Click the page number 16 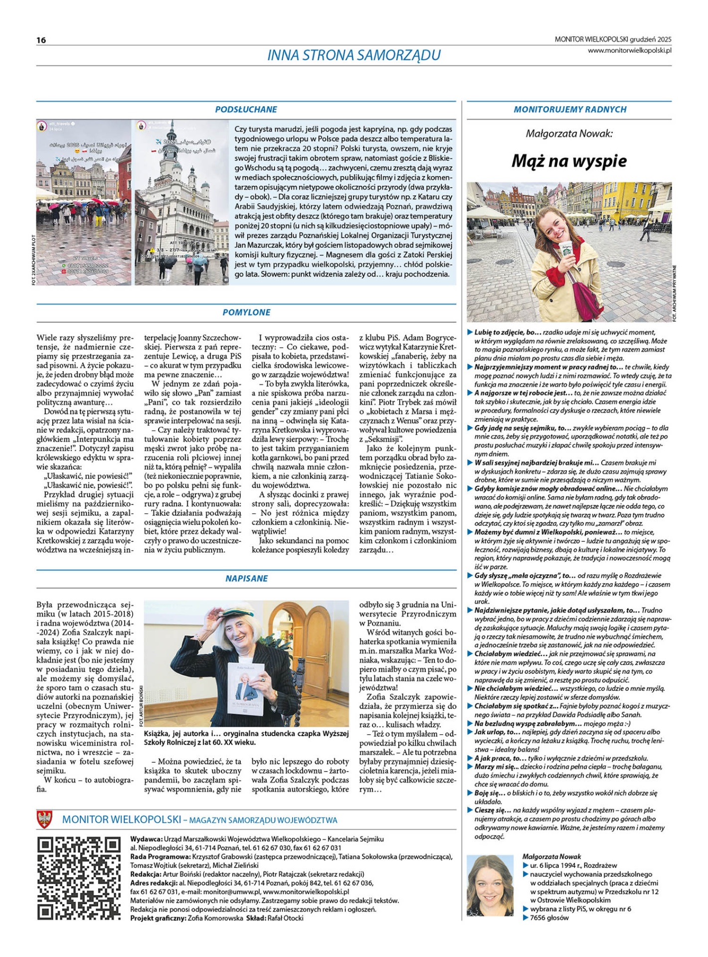click(41, 40)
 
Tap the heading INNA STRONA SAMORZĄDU click(354, 55)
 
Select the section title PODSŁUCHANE click(246, 110)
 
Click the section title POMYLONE click(246, 313)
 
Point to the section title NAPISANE click(246, 579)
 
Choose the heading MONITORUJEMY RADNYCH click(570, 110)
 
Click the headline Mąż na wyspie click(569, 161)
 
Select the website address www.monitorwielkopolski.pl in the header click(629, 50)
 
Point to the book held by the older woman click(247, 692)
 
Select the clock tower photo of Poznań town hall click(181, 202)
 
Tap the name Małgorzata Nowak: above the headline click(569, 134)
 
